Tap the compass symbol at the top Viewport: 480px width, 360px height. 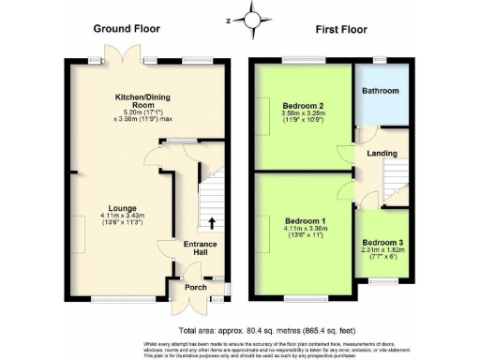pos(250,18)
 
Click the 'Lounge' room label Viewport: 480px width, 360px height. pos(123,208)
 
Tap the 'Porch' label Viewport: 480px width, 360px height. pos(195,287)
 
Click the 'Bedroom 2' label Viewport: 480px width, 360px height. pos(303,106)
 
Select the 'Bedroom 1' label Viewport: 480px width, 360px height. pos(305,222)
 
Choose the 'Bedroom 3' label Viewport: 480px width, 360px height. pos(382,241)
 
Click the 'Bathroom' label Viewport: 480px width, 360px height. pos(382,91)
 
